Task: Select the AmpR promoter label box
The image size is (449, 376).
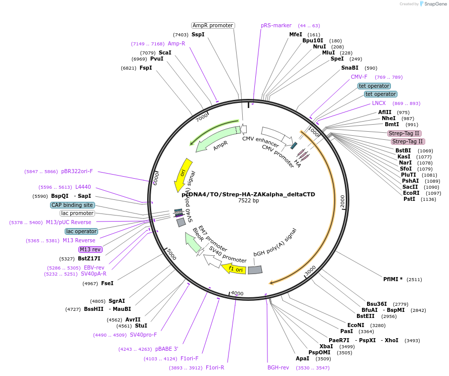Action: click(213, 25)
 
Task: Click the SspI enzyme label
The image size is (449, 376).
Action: click(198, 34)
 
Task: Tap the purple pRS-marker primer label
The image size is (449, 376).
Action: click(276, 25)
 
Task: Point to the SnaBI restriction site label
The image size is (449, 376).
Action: click(349, 68)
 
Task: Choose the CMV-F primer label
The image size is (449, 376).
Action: click(359, 77)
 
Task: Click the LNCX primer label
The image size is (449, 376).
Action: click(379, 103)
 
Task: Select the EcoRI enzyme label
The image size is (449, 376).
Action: click(411, 193)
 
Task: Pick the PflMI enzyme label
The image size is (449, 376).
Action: click(393, 279)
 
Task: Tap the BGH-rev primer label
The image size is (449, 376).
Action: click(278, 367)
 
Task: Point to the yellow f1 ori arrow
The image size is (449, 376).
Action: click(234, 268)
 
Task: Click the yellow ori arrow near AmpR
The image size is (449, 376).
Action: click(183, 175)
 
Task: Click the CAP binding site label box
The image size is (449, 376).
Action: click(72, 205)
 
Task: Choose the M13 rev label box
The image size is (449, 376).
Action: click(91, 249)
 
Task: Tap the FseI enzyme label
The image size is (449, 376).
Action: click(107, 283)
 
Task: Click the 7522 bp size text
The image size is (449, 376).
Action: click(248, 200)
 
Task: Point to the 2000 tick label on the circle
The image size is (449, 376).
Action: click(342, 201)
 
